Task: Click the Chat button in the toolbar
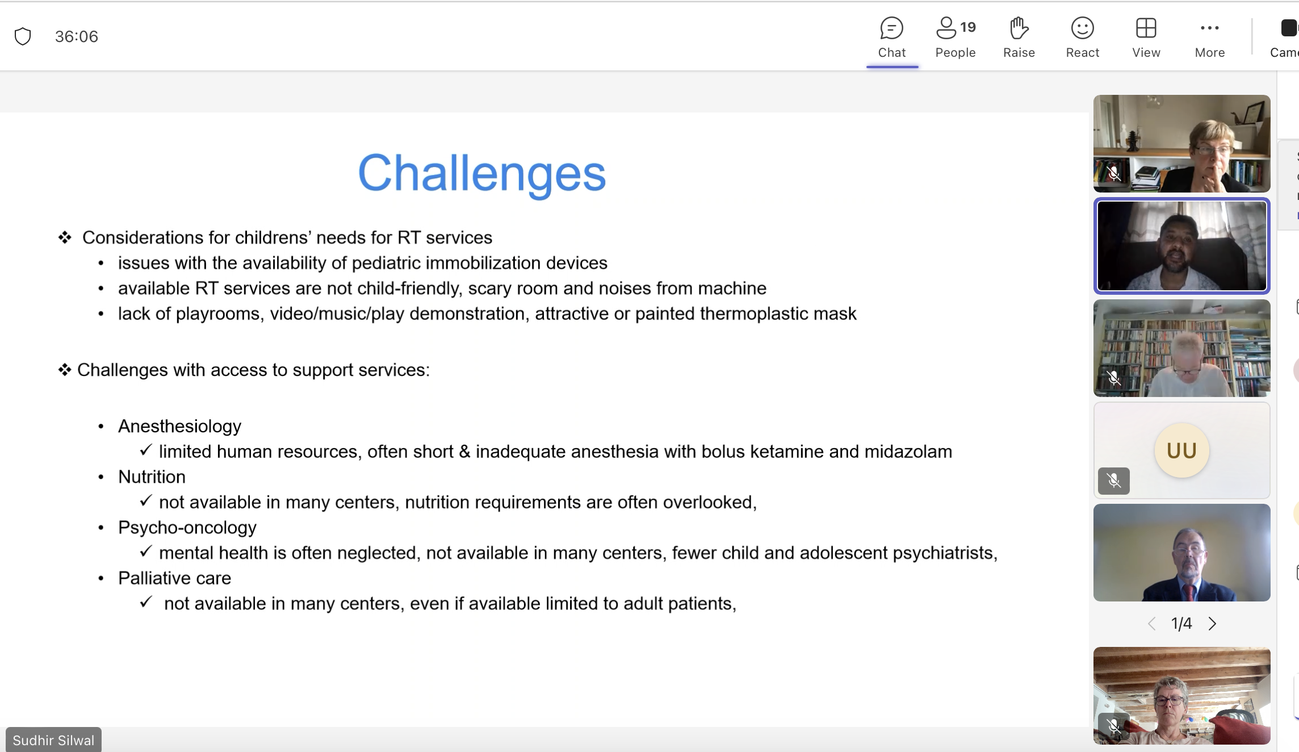coord(892,37)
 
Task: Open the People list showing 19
coord(956,37)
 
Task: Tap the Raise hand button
coord(1019,37)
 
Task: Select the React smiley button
coord(1083,37)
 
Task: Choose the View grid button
coord(1146,37)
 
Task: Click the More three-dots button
coord(1210,37)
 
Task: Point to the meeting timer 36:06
coord(77,36)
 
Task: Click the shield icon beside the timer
coord(23,36)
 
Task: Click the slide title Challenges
coord(482,173)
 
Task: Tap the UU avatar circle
coord(1182,450)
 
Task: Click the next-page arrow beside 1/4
coord(1212,624)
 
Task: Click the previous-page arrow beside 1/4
coord(1151,624)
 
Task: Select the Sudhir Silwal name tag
coord(53,740)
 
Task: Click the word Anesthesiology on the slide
coord(179,426)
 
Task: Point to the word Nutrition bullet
coord(152,477)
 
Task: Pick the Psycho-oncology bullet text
coord(187,528)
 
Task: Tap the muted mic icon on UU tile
coord(1114,481)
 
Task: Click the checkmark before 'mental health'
coord(146,550)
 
